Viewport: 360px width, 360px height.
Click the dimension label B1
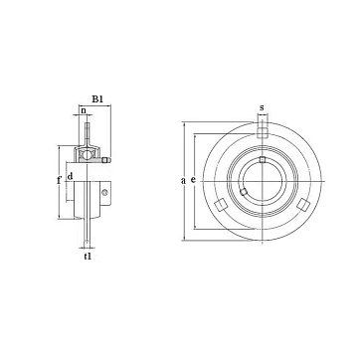(97, 99)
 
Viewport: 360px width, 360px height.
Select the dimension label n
(84, 110)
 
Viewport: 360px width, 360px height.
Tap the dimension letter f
(59, 181)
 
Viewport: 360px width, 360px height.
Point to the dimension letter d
(70, 176)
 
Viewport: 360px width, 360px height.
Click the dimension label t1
(88, 256)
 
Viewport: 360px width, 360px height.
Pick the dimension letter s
(262, 107)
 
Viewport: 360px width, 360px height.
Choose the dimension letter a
(183, 181)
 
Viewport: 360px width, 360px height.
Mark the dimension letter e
(194, 180)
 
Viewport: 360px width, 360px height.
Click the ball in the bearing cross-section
(87, 155)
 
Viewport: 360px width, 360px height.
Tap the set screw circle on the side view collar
(105, 192)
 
